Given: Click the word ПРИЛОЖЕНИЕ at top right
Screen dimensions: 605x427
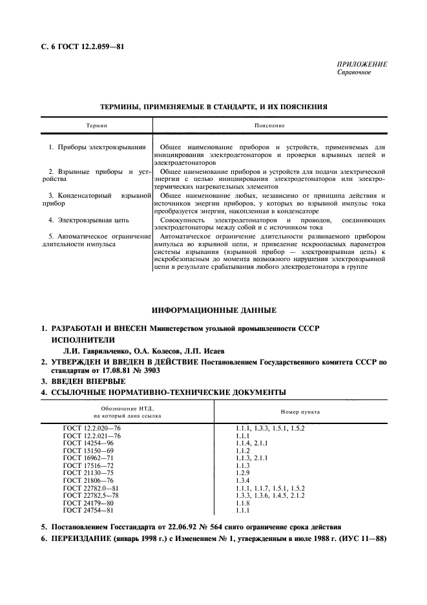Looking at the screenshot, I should click(362, 65).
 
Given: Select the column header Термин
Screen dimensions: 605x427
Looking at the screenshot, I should click(97, 125).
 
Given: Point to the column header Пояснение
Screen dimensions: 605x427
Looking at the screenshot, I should click(270, 125).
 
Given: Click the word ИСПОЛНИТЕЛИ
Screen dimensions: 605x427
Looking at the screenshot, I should click(83, 339).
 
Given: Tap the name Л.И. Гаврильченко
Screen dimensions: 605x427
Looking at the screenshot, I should click(85, 350).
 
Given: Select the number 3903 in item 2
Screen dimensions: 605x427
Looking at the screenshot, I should click(150, 372).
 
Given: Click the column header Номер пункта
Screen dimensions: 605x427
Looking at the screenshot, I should click(300, 411).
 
